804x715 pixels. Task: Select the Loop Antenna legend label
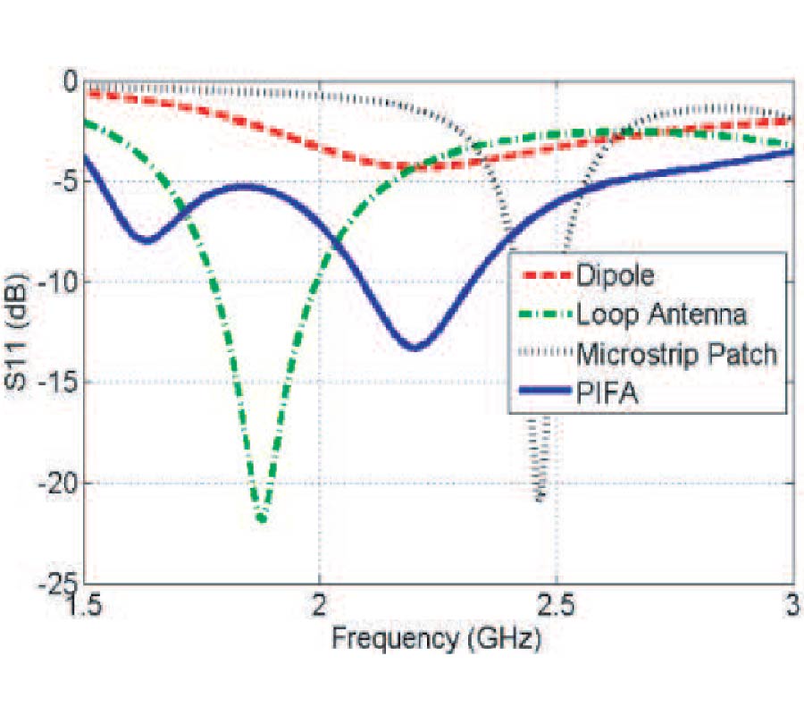point(662,315)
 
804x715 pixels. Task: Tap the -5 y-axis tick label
point(66,182)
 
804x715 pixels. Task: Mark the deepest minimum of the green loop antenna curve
point(261,517)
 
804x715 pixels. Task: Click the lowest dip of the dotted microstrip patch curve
point(540,499)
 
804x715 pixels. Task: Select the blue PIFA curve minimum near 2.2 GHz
point(415,347)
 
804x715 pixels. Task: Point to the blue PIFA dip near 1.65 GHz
point(147,240)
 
